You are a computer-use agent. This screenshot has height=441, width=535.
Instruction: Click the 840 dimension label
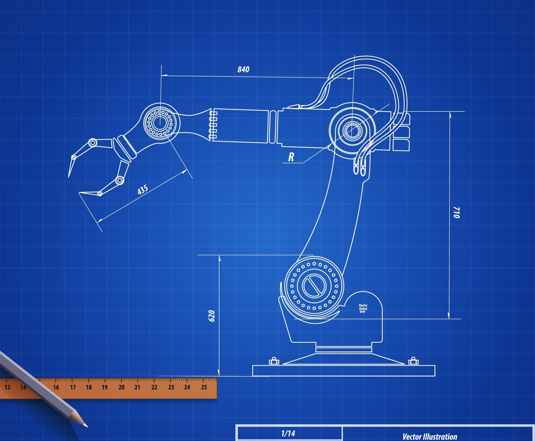pos(243,69)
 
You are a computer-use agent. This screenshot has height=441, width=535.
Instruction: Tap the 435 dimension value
pos(143,189)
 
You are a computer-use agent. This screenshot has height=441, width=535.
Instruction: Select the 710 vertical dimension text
pos(457,212)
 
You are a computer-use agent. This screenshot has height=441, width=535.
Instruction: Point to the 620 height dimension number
pos(212,316)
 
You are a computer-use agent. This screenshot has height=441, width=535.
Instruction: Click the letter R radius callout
pos(291,157)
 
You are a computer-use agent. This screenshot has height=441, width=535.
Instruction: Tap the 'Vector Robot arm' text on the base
pos(363,308)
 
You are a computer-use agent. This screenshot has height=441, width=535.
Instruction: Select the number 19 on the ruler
pos(105,387)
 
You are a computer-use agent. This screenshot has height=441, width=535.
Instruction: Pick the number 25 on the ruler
pos(204,387)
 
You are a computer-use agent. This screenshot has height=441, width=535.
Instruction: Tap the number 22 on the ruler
pos(154,387)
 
